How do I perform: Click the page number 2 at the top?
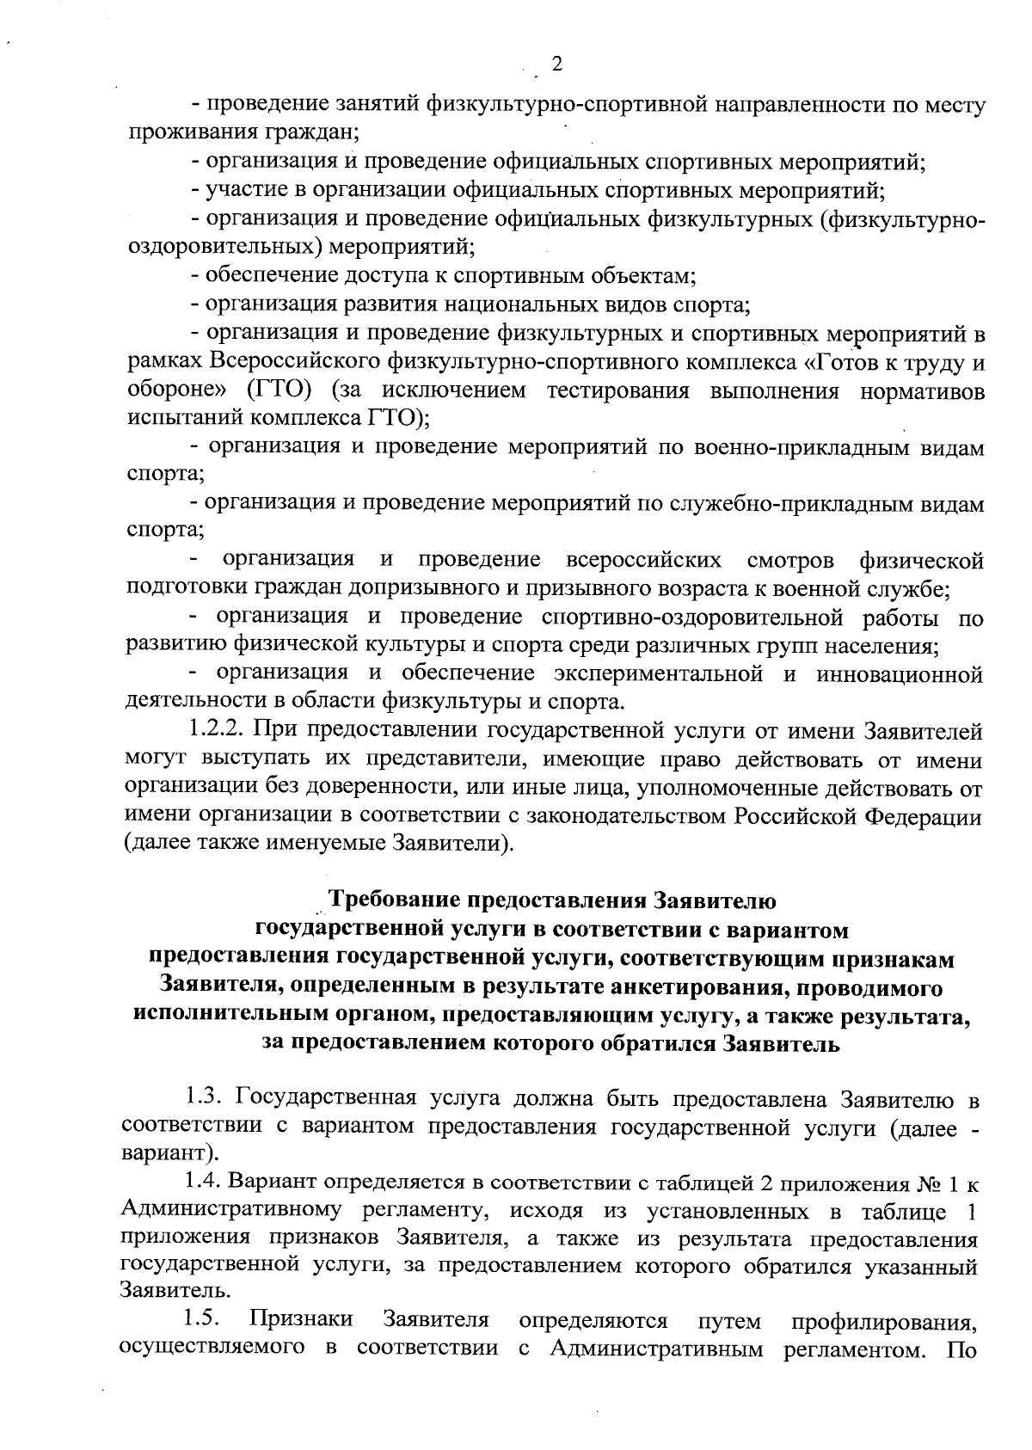556,65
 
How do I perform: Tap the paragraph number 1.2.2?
218,732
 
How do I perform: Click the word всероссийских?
644,562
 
